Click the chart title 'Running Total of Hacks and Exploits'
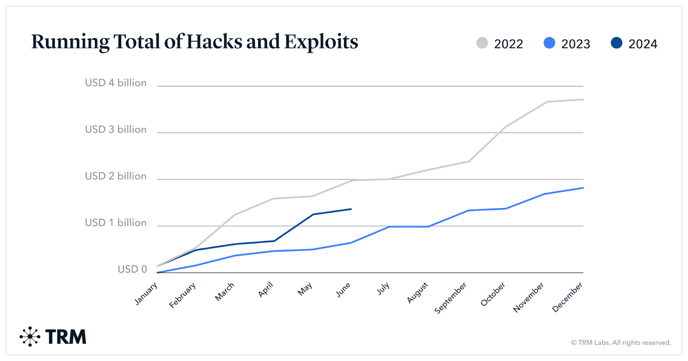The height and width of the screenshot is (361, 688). (194, 42)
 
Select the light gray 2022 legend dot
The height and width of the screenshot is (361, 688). (482, 43)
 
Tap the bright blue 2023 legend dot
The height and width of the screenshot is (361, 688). (549, 43)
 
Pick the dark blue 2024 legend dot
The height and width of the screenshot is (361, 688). (616, 43)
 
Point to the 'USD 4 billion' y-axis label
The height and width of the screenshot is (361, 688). (116, 83)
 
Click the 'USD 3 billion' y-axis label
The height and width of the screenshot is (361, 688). (116, 129)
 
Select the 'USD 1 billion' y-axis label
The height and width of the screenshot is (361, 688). (116, 223)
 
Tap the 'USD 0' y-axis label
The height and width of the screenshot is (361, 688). (132, 269)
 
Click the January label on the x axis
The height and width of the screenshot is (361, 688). (146, 294)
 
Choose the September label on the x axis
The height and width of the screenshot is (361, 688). (450, 298)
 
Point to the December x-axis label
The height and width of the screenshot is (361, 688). (567, 297)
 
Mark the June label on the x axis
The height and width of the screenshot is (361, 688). (343, 290)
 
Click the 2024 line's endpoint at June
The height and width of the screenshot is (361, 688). (351, 209)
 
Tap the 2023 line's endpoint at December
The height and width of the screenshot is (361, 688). (583, 188)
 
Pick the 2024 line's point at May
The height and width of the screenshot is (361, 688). (313, 214)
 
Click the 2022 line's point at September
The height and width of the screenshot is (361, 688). (469, 162)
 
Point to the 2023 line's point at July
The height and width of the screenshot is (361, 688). (390, 227)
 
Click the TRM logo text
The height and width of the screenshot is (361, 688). (65, 337)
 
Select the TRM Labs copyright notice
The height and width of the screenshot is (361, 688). (620, 342)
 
